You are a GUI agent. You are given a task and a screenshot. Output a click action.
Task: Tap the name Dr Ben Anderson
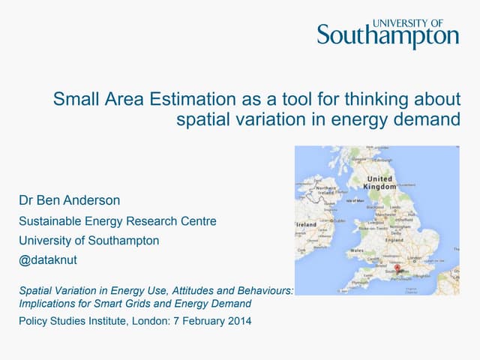tap(70, 201)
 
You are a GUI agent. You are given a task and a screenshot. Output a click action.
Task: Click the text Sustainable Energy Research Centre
tap(118, 221)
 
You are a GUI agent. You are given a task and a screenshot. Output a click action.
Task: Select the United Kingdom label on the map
tap(379, 184)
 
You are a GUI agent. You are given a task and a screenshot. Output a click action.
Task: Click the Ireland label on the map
tap(307, 224)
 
